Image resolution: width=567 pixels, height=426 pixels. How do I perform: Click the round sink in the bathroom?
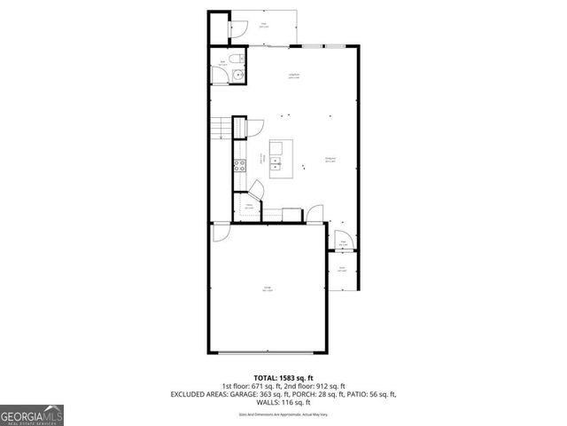click(x=237, y=75)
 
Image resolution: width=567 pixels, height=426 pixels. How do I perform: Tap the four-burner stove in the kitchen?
click(x=238, y=164)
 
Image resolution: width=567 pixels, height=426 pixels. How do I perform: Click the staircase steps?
click(x=219, y=130)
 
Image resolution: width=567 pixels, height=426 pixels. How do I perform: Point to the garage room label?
click(x=267, y=288)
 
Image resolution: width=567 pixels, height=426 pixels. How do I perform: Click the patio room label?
click(x=264, y=26)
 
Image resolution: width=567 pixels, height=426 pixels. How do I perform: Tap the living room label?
click(x=293, y=76)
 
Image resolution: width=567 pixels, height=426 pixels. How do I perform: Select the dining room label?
click(x=329, y=161)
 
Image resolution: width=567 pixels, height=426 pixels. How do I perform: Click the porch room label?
click(x=342, y=270)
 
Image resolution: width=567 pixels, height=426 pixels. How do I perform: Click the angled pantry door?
click(x=254, y=189)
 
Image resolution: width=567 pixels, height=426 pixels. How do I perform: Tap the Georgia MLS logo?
click(x=32, y=415)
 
